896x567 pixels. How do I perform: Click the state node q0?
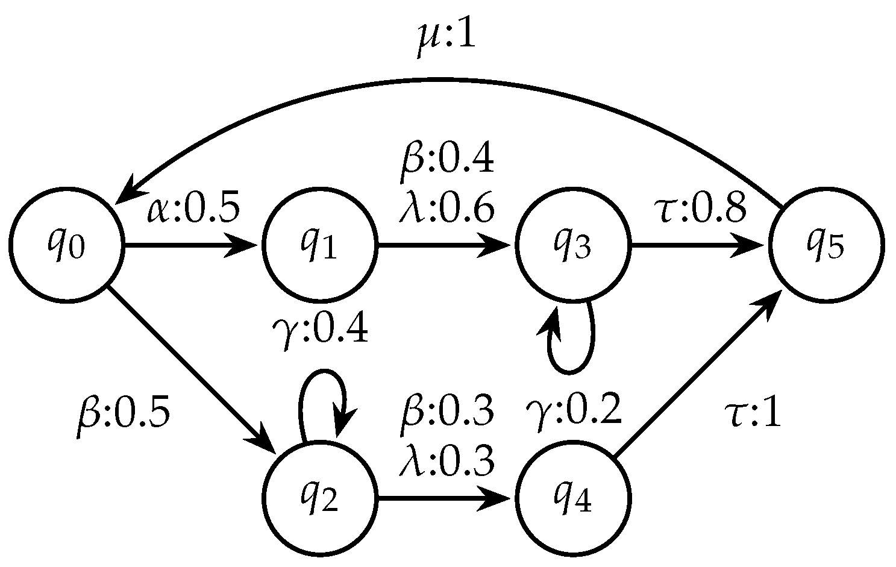click(65, 245)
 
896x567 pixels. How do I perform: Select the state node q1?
click(318, 245)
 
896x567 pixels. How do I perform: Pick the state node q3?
click(572, 245)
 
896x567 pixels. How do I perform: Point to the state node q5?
click(826, 245)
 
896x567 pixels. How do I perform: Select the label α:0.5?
click(194, 207)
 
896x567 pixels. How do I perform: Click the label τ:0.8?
click(701, 208)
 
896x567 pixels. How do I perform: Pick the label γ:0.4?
click(319, 330)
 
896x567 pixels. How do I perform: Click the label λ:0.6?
click(447, 208)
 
